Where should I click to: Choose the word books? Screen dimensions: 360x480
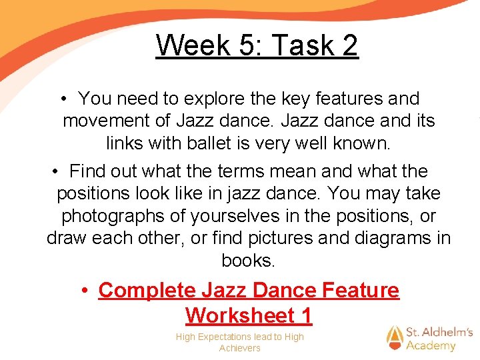point(248,261)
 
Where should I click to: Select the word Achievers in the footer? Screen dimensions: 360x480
point(240,348)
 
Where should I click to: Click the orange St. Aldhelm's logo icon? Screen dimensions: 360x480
point(395,338)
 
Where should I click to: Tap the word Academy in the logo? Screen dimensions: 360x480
point(431,345)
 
